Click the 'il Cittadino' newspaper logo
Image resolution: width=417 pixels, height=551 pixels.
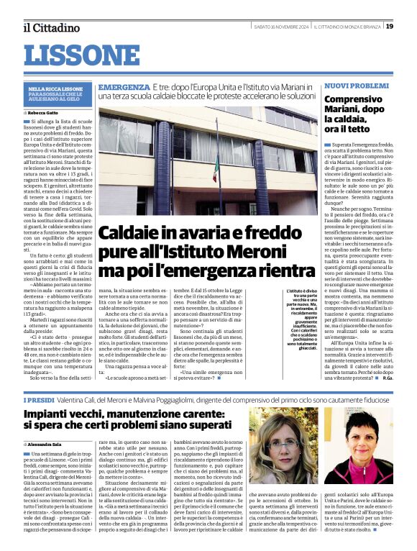point(51,27)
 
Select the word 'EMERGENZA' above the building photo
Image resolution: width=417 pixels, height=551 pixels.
point(124,86)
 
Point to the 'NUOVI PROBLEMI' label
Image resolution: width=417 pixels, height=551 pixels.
point(356,86)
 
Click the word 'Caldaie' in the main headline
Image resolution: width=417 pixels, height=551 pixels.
point(129,233)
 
